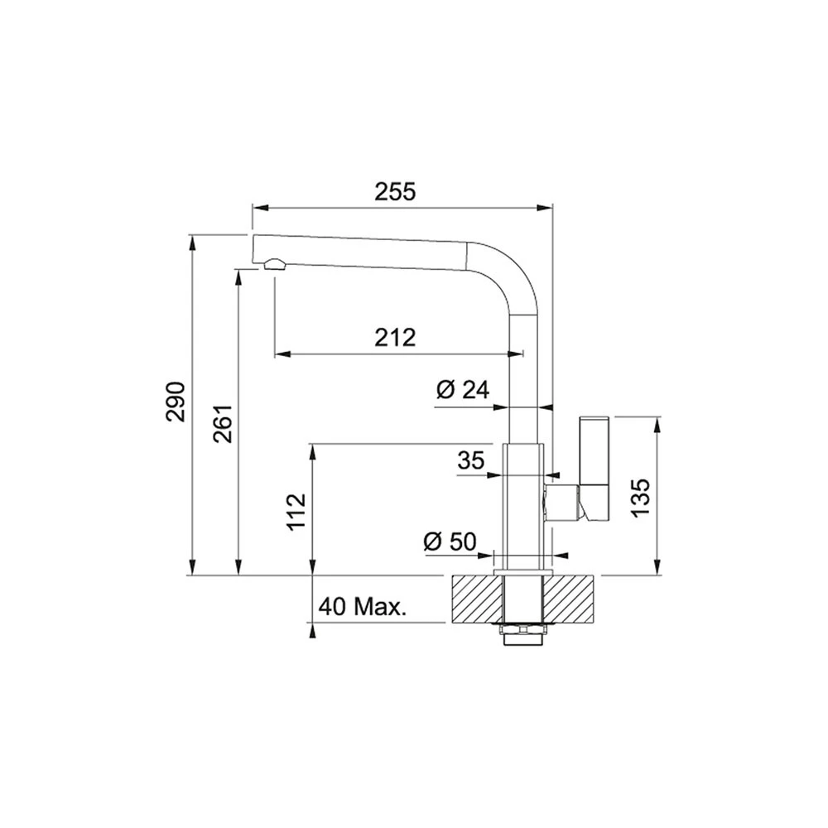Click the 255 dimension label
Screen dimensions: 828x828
coord(395,192)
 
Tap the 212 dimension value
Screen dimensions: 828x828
coord(395,338)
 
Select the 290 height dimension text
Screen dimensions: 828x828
coord(176,402)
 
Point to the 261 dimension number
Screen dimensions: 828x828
coord(223,423)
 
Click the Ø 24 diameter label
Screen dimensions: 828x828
coord(463,390)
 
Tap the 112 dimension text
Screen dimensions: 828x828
coord(296,512)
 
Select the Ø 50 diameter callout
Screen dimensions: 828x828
coord(450,542)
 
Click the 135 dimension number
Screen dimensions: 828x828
coord(640,498)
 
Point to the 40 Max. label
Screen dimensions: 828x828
coord(363,607)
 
